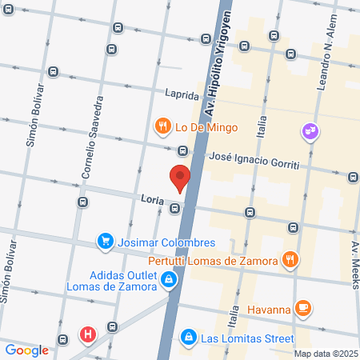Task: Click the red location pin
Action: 179,177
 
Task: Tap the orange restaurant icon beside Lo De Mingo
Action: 162,126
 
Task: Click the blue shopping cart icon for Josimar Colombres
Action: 105,241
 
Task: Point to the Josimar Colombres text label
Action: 166,242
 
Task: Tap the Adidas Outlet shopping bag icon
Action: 170,279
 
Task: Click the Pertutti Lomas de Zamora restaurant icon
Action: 290,259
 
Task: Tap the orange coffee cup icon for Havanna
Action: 303,307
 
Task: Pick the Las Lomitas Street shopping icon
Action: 187,337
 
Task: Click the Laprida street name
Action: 182,94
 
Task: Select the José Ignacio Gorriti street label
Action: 254,160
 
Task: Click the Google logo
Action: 26,350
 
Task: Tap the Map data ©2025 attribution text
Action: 325,353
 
